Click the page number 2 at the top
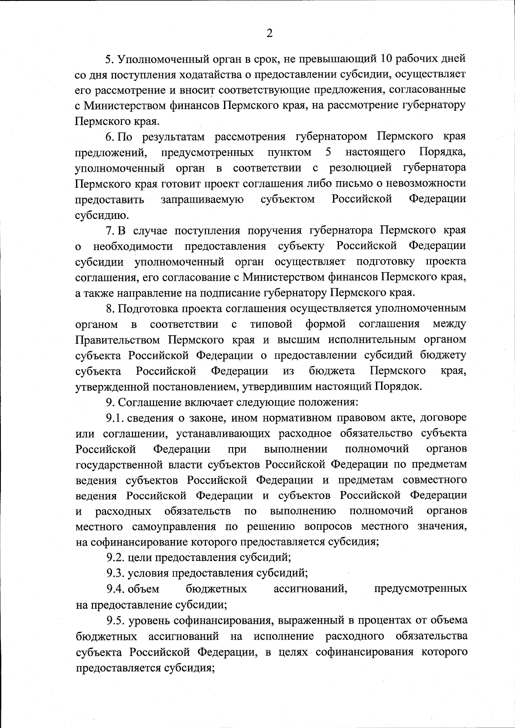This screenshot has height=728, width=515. point(270,33)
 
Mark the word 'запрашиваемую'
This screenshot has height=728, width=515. point(202,200)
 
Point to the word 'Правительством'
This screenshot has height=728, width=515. point(118,340)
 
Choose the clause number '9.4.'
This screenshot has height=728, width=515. point(115,589)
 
